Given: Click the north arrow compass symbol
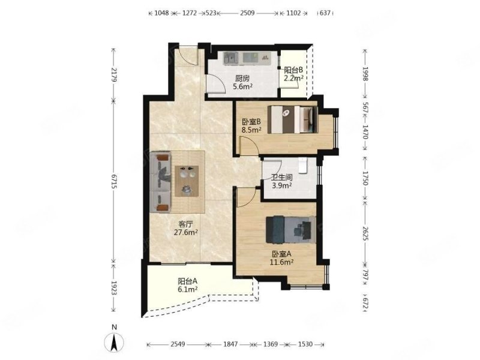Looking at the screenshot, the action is click(x=114, y=342).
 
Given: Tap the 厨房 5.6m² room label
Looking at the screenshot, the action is click(x=242, y=82).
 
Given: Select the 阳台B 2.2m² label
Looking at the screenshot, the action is click(x=293, y=74).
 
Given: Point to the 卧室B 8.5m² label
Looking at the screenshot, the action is click(x=251, y=125).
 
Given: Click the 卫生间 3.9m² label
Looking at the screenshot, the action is click(x=281, y=181).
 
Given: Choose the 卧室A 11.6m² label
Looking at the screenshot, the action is click(x=281, y=258).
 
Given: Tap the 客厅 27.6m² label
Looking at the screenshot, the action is click(x=186, y=228).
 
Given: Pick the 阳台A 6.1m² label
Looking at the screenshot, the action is click(x=188, y=284).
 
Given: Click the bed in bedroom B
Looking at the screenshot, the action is click(x=293, y=119).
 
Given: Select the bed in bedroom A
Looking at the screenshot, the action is click(x=291, y=230).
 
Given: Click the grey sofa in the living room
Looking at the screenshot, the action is click(x=160, y=182).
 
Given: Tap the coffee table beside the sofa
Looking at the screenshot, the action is click(x=187, y=181).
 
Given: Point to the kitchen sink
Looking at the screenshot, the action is click(x=231, y=58).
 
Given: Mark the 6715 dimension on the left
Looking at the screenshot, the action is click(x=113, y=182).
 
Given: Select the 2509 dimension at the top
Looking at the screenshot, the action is click(x=247, y=13).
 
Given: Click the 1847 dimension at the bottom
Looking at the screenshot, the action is click(x=230, y=344).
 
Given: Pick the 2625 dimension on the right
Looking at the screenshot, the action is click(x=365, y=233).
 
